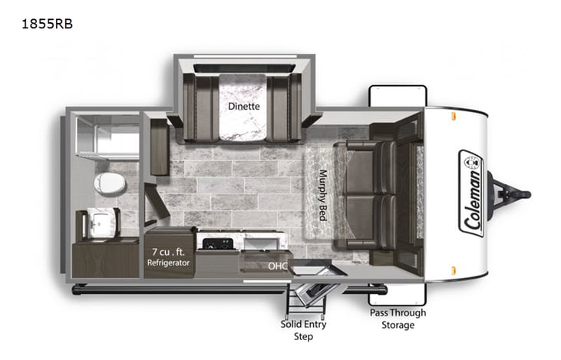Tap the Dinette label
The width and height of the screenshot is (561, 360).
click(243, 107)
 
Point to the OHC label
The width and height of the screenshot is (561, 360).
click(278, 266)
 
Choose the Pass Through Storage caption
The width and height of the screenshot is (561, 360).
click(398, 319)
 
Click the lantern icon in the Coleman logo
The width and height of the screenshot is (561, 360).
click(469, 162)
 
